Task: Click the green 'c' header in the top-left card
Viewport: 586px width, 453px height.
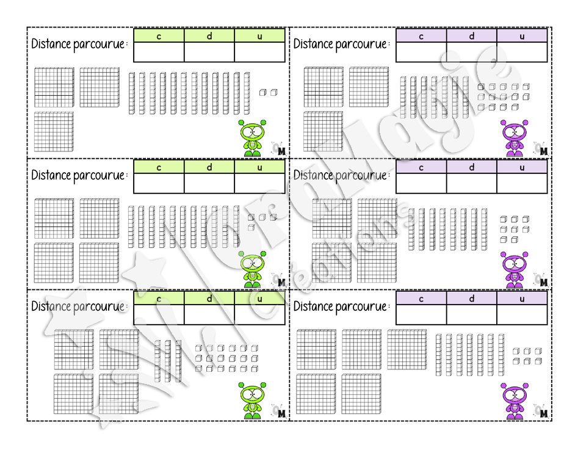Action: coord(159,36)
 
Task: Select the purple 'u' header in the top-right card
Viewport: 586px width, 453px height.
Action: coord(522,36)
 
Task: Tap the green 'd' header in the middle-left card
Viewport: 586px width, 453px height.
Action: coord(209,167)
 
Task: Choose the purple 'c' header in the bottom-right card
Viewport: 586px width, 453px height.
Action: coord(421,299)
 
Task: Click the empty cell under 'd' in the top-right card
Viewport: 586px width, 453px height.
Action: coord(472,52)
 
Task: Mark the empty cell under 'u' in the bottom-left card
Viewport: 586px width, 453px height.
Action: coord(260,314)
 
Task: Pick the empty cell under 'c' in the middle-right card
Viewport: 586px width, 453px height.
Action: coord(421,183)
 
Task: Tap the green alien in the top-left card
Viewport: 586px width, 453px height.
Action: coord(252,138)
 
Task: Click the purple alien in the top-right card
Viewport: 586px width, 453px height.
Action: coord(515,138)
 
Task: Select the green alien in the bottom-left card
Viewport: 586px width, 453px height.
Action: coord(252,400)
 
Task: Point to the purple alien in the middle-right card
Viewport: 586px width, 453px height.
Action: coord(515,269)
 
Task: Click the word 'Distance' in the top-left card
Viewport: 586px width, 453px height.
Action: coord(51,44)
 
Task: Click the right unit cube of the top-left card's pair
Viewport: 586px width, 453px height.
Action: coord(274,92)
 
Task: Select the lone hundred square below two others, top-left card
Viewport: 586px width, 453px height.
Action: coord(54,131)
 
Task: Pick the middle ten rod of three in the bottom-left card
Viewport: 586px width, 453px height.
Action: coord(168,361)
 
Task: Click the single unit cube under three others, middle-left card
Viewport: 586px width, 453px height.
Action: coord(251,227)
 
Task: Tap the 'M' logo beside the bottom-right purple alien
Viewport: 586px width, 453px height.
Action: coord(544,413)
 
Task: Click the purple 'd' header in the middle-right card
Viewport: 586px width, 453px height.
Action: coord(472,167)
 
